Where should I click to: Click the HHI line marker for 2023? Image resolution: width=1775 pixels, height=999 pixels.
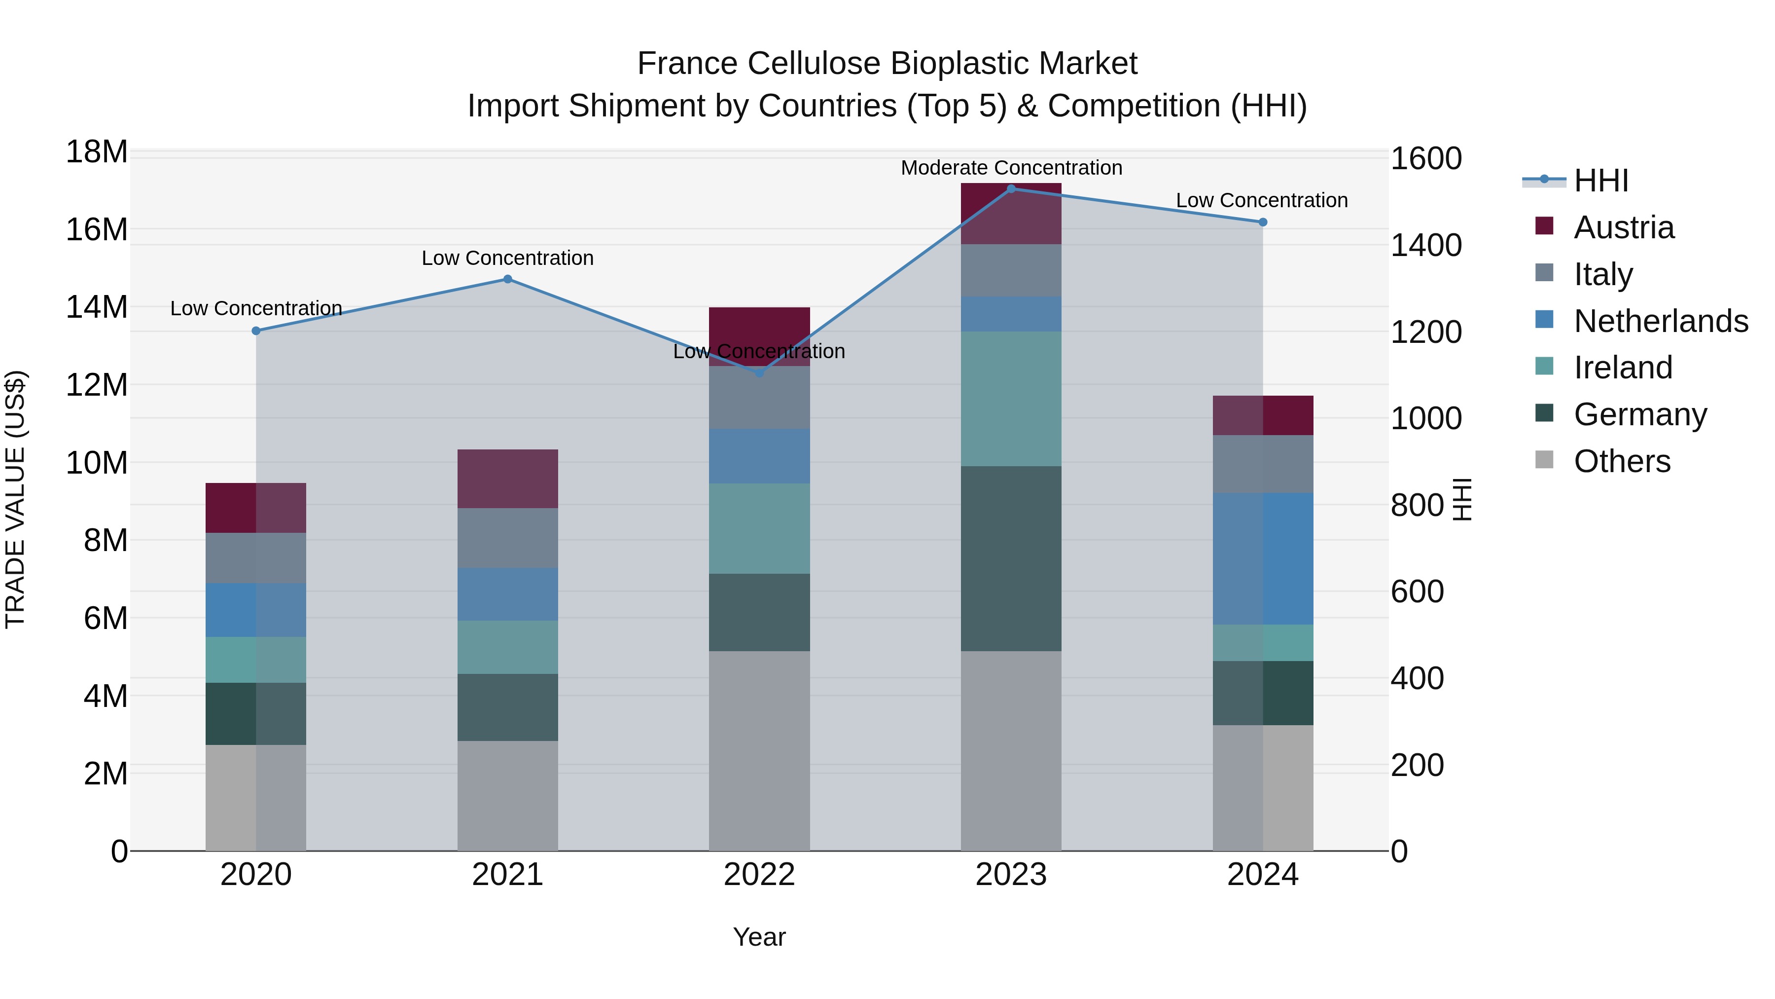tap(1011, 188)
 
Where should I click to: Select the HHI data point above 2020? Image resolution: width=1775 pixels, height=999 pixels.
tap(256, 331)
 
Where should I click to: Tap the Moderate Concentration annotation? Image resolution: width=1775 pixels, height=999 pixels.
tap(1011, 168)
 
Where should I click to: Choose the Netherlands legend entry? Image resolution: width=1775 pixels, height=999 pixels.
tap(1660, 321)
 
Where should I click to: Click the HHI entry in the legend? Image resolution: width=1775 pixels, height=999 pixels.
tap(1600, 181)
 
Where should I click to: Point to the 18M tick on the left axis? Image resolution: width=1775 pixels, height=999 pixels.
tap(97, 151)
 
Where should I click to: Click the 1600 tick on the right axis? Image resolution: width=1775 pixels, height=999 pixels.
tap(1425, 158)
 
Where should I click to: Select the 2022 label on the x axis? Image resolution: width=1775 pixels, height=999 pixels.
tap(759, 875)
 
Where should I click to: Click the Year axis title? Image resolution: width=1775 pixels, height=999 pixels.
tap(759, 937)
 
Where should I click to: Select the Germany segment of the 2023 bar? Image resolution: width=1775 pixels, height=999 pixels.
tap(1011, 558)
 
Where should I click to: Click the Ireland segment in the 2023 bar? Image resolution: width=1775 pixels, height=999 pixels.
tap(1011, 399)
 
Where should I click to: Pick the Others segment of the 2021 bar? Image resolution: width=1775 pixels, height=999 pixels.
tap(508, 796)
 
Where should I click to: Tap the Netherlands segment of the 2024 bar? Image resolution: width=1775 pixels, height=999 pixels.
tap(1262, 558)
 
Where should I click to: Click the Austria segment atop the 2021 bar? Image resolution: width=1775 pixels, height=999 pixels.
tap(508, 479)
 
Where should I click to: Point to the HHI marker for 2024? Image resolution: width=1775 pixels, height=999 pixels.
tap(1262, 222)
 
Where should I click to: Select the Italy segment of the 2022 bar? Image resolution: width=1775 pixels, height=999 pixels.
tap(759, 397)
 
